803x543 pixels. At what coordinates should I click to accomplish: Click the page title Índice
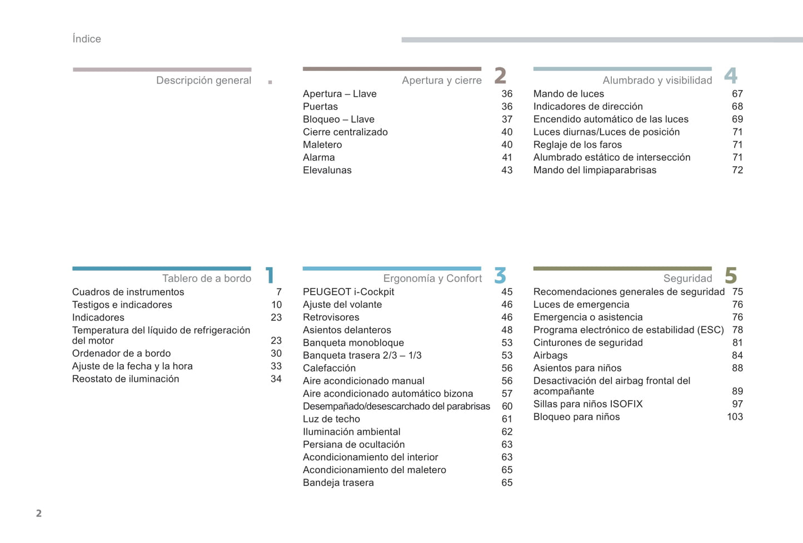pyautogui.click(x=87, y=39)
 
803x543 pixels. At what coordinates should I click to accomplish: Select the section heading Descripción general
pyautogui.click(x=203, y=81)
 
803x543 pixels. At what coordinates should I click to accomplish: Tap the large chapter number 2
pyautogui.click(x=500, y=76)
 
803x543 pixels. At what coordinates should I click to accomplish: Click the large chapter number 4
pyautogui.click(x=731, y=76)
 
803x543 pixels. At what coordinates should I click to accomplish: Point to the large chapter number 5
pyautogui.click(x=731, y=275)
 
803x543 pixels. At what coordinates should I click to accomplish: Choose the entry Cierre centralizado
pyautogui.click(x=345, y=132)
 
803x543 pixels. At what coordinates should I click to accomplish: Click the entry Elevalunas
pyautogui.click(x=327, y=171)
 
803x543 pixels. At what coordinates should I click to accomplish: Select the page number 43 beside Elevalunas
pyautogui.click(x=507, y=171)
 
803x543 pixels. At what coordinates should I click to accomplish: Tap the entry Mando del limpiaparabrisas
pyautogui.click(x=595, y=171)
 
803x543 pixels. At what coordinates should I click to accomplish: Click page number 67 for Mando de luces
pyautogui.click(x=737, y=94)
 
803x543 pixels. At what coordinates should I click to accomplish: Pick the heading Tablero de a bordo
pyautogui.click(x=207, y=278)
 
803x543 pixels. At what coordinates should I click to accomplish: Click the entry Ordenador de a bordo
pyautogui.click(x=121, y=353)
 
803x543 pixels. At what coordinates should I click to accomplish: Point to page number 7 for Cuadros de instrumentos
pyautogui.click(x=279, y=292)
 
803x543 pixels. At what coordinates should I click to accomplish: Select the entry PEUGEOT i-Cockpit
pyautogui.click(x=348, y=292)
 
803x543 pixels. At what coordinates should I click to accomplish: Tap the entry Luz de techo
pyautogui.click(x=331, y=419)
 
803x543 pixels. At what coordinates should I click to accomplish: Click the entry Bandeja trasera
pyautogui.click(x=338, y=483)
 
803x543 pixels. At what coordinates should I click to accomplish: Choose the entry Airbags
pyautogui.click(x=550, y=355)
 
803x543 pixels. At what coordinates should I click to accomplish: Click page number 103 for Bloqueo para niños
pyautogui.click(x=735, y=417)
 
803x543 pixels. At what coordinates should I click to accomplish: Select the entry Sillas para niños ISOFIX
pyautogui.click(x=587, y=404)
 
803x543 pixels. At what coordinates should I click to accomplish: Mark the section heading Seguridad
pyautogui.click(x=687, y=278)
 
